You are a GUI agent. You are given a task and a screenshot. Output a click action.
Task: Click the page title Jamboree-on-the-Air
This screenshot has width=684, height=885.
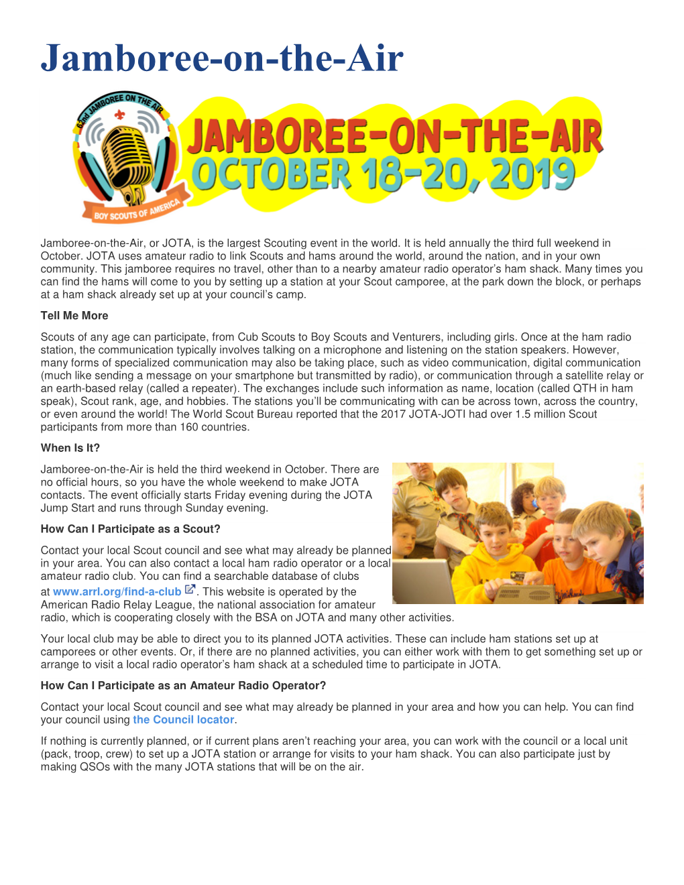pyautogui.click(x=222, y=58)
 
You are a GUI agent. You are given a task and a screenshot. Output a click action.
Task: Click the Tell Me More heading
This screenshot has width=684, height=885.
pyautogui.click(x=74, y=316)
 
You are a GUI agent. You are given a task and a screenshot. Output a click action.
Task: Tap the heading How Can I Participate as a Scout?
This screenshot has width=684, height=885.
pyautogui.click(x=131, y=529)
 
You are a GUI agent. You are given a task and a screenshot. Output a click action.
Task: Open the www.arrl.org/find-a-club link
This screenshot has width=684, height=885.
pyautogui.click(x=117, y=591)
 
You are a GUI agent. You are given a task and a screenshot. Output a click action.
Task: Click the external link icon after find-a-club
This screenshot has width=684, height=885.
pyautogui.click(x=190, y=590)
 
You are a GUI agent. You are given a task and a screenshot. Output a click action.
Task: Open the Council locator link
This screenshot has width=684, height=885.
pyautogui.click(x=183, y=719)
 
